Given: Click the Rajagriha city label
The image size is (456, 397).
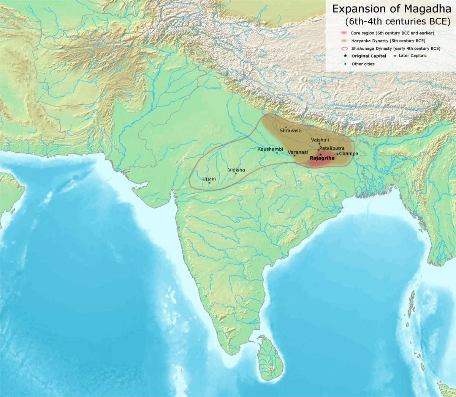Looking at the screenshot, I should pos(322,158).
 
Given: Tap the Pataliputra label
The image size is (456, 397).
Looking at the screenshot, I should pos(332,148).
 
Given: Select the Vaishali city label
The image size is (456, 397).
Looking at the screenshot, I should pos(320,140).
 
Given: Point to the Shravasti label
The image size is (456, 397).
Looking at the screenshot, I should pos(290,130).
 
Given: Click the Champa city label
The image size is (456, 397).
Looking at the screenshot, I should pos(348,154).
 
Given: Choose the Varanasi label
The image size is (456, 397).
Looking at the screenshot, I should pos(298,152).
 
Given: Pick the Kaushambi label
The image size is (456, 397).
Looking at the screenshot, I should pos(270,149).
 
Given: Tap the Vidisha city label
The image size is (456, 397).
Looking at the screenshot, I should pos(236,170).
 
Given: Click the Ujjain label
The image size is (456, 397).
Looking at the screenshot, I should pos(209,179).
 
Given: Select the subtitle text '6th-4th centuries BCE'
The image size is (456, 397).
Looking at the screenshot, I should pos(397,21).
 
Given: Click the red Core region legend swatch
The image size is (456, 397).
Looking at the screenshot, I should pos(345,33).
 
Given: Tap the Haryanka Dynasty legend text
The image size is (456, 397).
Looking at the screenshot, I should pos(388,41).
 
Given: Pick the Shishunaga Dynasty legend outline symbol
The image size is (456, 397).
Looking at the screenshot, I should pos(345,49).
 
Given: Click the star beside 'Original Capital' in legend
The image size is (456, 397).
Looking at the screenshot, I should pos(345,56).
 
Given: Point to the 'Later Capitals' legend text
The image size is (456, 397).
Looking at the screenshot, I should pos(412,56).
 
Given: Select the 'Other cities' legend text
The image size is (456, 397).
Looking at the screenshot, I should pos(363,64).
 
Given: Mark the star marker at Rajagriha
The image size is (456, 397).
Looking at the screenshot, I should pos(320,154).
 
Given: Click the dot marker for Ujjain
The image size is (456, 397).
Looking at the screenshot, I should pos(209,183).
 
